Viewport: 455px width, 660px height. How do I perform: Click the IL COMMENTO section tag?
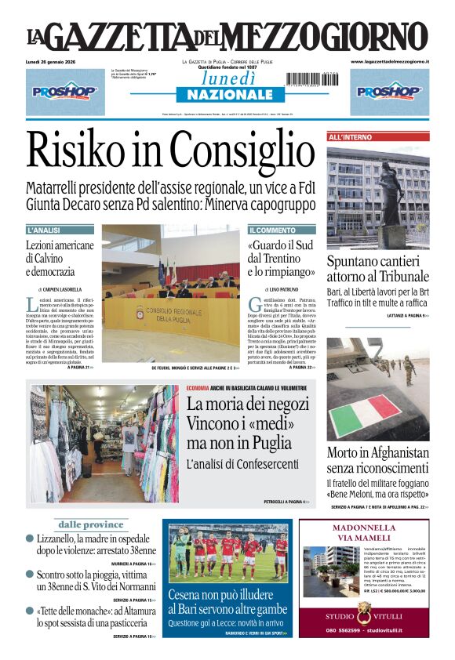pos(273,230)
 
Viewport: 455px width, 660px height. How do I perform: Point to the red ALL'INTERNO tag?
pos(351,137)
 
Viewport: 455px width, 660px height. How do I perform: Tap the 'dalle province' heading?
pos(91,524)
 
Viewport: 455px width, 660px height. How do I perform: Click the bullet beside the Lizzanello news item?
pos(30,539)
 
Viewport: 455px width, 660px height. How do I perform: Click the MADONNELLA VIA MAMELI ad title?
pos(364,532)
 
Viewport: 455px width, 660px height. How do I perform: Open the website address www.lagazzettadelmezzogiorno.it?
pos(390,61)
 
